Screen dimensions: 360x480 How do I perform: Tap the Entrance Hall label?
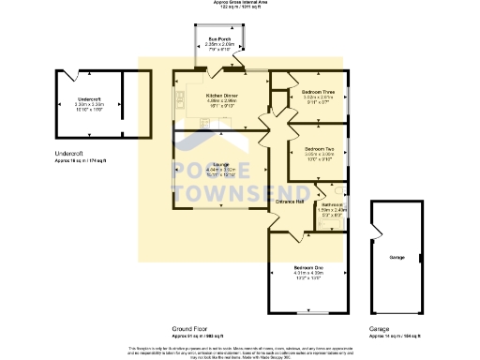pos(290,201)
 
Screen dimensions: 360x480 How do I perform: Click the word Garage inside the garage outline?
pos(397,256)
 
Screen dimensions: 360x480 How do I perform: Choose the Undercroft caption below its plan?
pos(68,152)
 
